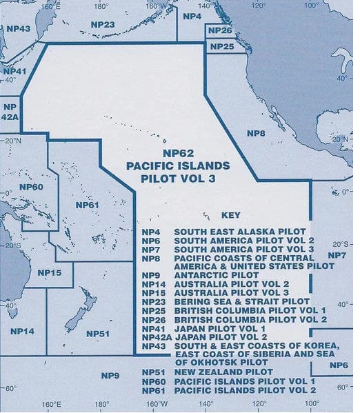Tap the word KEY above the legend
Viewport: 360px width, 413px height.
point(231,215)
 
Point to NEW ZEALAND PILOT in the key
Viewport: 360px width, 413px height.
point(217,372)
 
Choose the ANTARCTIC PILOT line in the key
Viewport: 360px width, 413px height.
point(206,274)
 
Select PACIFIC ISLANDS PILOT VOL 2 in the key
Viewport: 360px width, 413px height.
point(245,390)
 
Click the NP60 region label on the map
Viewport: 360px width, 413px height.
point(31,188)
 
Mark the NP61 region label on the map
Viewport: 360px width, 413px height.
point(88,205)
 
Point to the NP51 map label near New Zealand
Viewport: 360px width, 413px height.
point(98,334)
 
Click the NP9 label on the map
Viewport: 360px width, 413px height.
point(110,375)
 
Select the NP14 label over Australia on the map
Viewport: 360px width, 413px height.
point(22,332)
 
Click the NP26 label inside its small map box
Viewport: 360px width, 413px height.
point(219,31)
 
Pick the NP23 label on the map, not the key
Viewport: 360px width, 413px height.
point(102,24)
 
